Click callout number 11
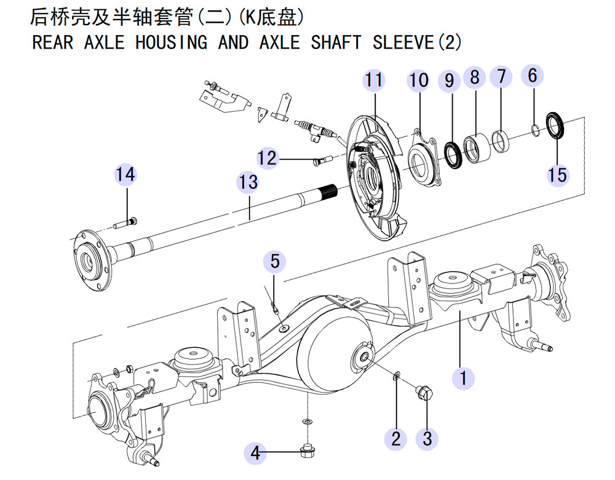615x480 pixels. (374, 80)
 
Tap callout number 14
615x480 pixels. (125, 174)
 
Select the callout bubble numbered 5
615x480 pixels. (274, 261)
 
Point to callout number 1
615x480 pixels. (463, 378)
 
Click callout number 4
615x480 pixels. (255, 453)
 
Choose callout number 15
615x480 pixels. (558, 175)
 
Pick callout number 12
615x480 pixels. (267, 159)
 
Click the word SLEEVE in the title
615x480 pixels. (403, 42)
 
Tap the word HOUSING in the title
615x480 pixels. (171, 42)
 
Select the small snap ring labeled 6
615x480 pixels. (535, 130)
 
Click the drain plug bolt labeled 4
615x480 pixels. (307, 452)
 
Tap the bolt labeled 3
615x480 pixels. (424, 392)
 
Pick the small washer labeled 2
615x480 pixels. (397, 377)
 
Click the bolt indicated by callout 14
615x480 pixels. (125, 223)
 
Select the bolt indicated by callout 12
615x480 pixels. (322, 160)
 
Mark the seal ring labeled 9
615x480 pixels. (454, 156)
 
